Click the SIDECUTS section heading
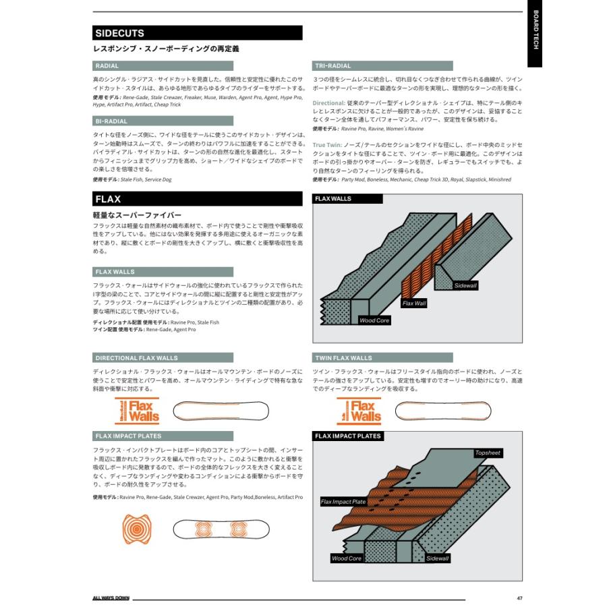[x=120, y=33]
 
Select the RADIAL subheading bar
[x=107, y=66]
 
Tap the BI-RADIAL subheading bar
[x=111, y=121]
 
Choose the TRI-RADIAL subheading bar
[x=333, y=66]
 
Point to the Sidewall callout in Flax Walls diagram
[x=465, y=286]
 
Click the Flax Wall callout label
[x=414, y=303]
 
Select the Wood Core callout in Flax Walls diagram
[x=374, y=320]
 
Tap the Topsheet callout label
[x=488, y=453]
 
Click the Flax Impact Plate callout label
[x=343, y=502]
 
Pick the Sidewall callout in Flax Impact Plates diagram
[x=437, y=558]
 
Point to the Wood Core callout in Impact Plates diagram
[x=347, y=558]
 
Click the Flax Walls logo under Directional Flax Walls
[x=139, y=411]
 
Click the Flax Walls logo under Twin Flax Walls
[x=359, y=411]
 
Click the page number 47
[x=519, y=598]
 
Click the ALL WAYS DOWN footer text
[x=111, y=598]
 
